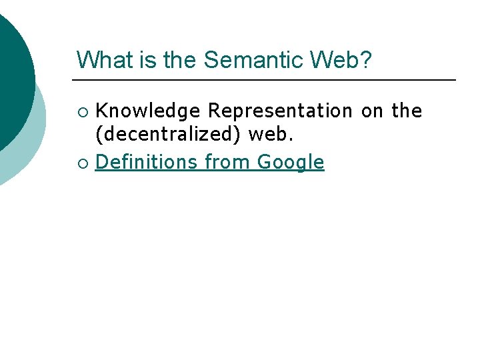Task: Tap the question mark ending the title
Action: tap(367, 59)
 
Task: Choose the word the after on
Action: tap(407, 111)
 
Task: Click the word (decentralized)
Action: tap(168, 135)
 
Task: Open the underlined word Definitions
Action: tap(147, 162)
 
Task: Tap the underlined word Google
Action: tap(291, 162)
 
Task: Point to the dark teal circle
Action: tap(10, 73)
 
